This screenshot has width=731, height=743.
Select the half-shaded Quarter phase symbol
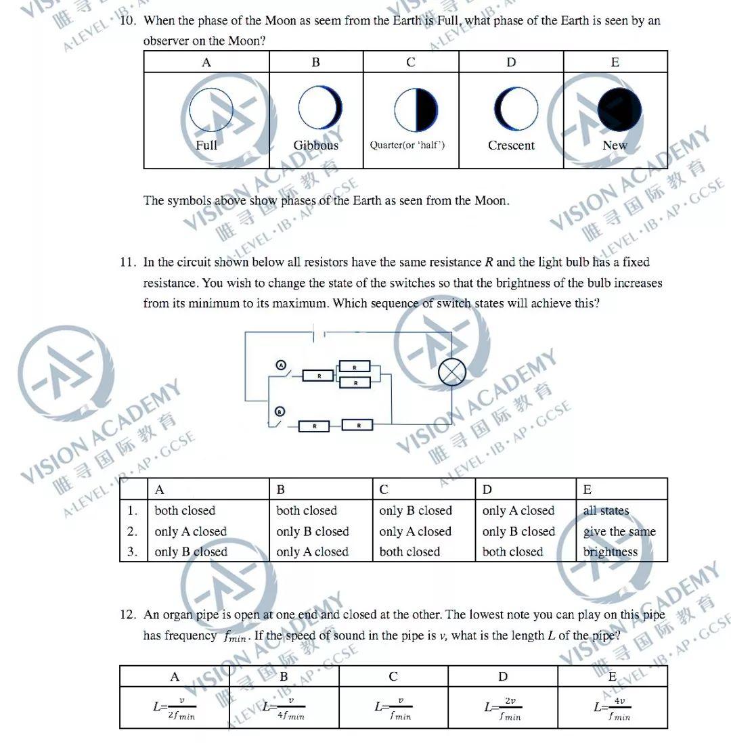416,110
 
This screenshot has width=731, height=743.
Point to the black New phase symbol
619,109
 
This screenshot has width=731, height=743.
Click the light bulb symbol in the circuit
452,372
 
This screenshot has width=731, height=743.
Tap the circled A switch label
281,365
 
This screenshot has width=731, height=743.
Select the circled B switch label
279,411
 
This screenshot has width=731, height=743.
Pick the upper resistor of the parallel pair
355,367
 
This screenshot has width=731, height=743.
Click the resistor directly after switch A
318,375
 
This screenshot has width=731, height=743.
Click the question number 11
129,263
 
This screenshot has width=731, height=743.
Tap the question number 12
129,615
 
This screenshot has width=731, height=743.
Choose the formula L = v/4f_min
284,708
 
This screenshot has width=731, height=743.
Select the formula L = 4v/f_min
612,708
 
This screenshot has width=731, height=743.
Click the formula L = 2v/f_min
503,708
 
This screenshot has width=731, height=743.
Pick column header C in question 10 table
411,62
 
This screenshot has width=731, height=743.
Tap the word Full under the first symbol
206,145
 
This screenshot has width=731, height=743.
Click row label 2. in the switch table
133,532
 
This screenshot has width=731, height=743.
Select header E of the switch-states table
588,489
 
